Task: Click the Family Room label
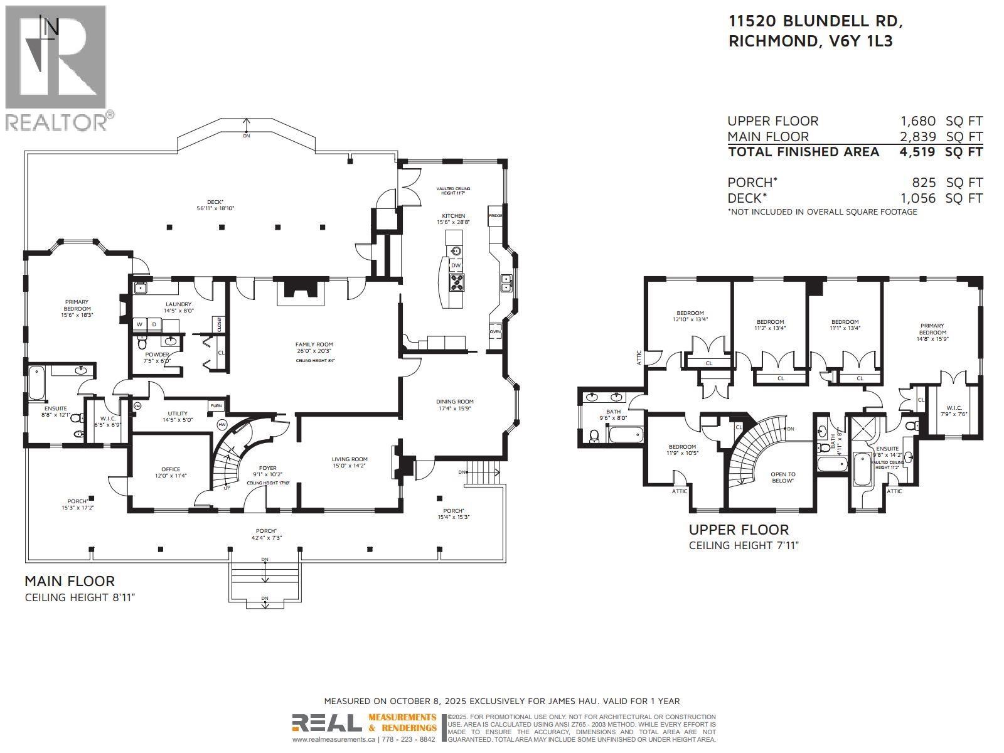314,344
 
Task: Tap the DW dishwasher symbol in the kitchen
456,265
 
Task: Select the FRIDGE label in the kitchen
495,215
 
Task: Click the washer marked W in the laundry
139,324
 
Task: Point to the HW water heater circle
222,425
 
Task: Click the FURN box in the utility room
216,406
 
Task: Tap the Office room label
171,469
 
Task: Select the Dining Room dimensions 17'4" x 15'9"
455,409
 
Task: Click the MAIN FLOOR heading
70,581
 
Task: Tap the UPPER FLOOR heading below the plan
739,530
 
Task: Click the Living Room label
350,459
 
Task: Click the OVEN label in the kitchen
495,332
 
